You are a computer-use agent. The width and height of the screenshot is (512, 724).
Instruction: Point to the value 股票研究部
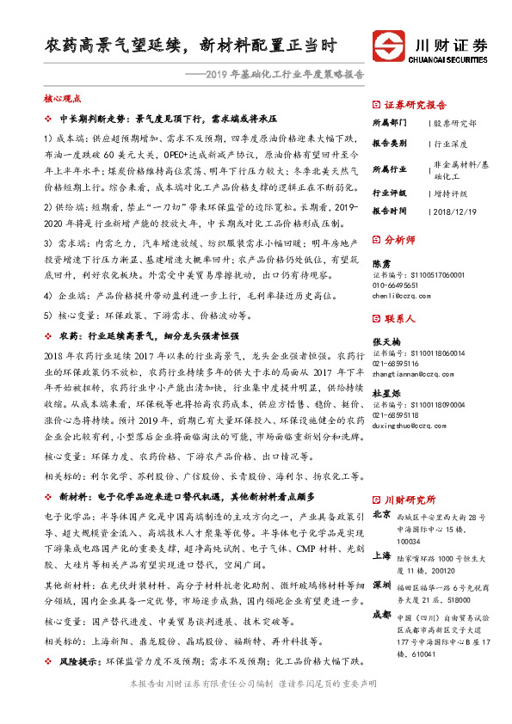tap(453, 123)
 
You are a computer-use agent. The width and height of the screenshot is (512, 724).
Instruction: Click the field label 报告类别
tap(389, 145)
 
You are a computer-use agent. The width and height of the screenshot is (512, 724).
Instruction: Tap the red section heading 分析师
tap(400, 241)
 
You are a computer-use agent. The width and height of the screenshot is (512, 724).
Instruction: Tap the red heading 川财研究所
tap(410, 498)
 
